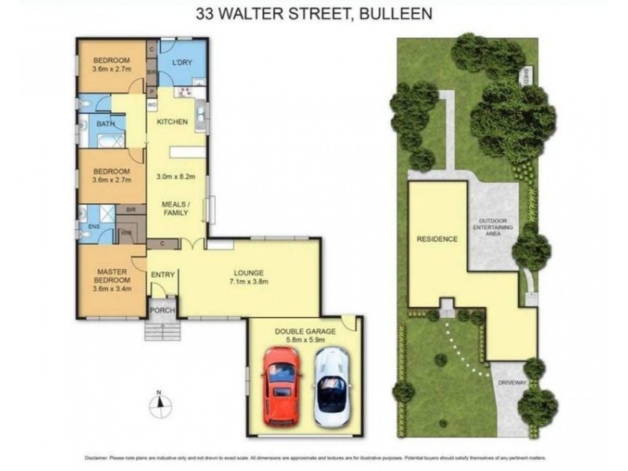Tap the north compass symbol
159,403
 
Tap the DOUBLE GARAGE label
304,331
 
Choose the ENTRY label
162,274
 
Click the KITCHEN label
171,122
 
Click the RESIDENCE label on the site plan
436,239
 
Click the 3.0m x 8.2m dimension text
176,177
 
